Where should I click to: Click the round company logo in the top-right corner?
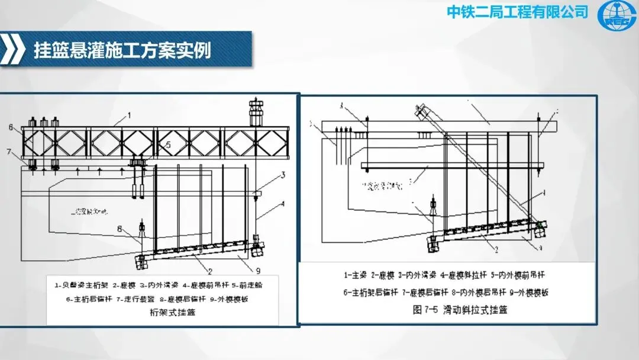(x=617, y=16)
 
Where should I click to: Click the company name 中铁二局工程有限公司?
(x=517, y=11)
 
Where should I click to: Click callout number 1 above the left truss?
(x=129, y=114)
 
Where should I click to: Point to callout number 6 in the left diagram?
(x=11, y=127)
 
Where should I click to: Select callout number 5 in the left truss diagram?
(x=169, y=144)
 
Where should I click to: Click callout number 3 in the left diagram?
(x=283, y=175)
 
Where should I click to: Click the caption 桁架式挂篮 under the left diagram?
(x=173, y=313)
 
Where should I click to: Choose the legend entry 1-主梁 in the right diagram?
(x=354, y=275)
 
